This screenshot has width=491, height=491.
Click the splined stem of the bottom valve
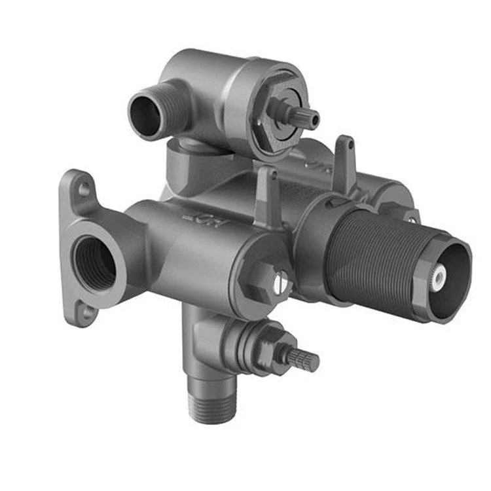303,359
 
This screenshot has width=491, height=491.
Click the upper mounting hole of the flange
84,191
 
